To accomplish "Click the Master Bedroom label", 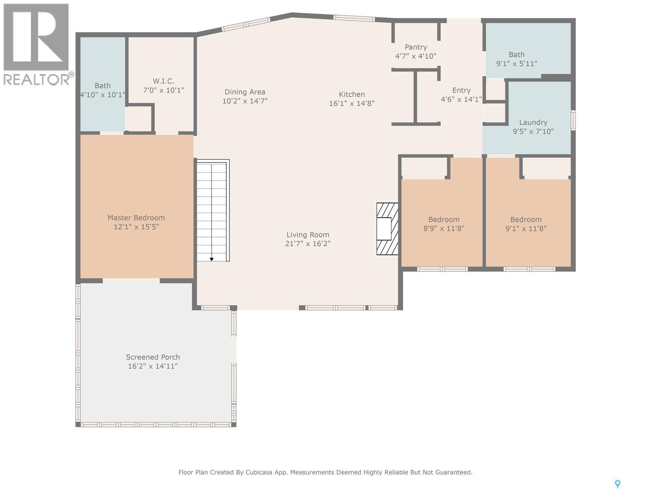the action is click(136, 218).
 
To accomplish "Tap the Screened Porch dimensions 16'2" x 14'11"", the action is click(153, 366).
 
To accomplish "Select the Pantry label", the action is click(416, 47).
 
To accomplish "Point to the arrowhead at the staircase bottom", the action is click(212, 259).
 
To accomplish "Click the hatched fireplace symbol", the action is click(387, 229).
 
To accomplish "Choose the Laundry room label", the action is click(533, 122).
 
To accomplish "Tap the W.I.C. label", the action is click(164, 81).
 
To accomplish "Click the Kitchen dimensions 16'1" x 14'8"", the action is click(352, 104).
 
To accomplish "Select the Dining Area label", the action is click(245, 92).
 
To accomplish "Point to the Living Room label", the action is click(308, 235).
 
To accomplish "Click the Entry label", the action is click(461, 90).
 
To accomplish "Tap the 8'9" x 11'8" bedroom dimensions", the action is click(443, 228).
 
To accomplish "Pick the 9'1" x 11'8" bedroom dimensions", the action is click(526, 228).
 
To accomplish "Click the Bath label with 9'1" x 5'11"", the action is click(517, 55).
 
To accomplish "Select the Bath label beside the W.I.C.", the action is click(103, 86).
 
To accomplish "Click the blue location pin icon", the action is click(617, 484).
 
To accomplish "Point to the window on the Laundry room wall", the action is click(573, 120).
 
